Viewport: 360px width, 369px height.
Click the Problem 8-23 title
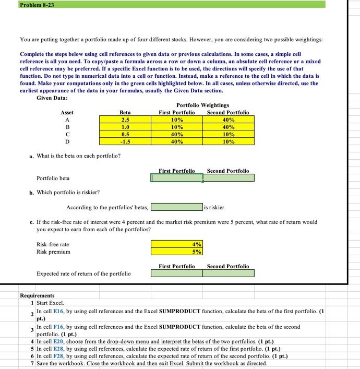(x=35, y=4)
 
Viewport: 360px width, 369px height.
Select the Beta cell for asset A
(x=125, y=120)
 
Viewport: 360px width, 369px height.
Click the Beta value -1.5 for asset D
(x=125, y=141)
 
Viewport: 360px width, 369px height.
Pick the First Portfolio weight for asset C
(x=177, y=134)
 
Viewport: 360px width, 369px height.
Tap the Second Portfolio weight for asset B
(x=228, y=127)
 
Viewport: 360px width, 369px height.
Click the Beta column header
(x=125, y=112)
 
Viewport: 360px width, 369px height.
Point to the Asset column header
(x=67, y=112)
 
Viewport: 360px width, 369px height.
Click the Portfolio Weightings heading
(x=203, y=105)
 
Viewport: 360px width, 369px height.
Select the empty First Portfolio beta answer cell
(x=177, y=178)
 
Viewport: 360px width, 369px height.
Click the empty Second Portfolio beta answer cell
(x=228, y=178)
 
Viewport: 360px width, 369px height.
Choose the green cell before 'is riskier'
(x=177, y=207)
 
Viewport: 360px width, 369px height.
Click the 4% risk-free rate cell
(x=177, y=244)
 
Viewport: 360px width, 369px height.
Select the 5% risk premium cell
(x=177, y=251)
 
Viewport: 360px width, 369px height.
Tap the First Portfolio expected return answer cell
(x=177, y=273)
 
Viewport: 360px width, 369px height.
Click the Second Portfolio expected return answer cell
(x=228, y=273)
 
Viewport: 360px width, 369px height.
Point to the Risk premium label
(x=53, y=252)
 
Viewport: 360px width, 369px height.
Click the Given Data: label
(x=52, y=98)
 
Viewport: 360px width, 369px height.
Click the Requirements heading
(x=37, y=296)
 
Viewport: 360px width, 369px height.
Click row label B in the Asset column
(x=67, y=127)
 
